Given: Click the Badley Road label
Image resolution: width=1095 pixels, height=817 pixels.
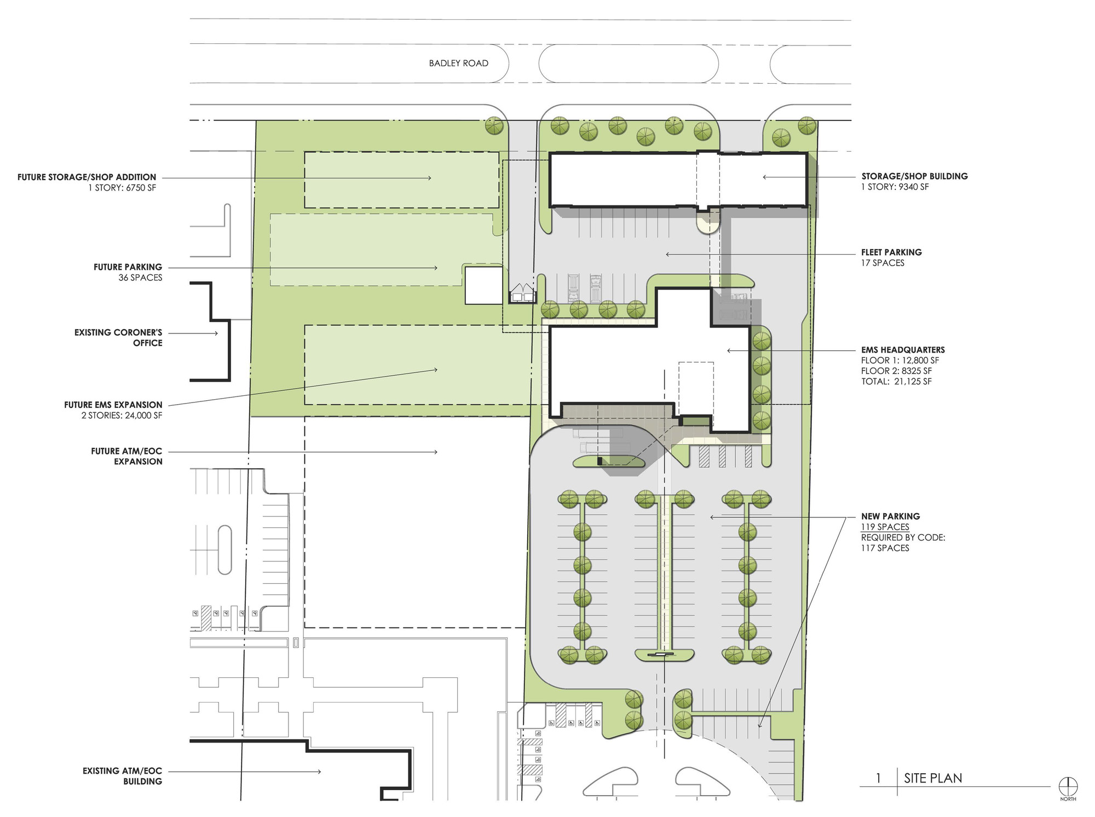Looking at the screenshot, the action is pos(458,64).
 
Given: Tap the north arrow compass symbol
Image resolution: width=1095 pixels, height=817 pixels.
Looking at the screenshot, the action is pos(1068,786).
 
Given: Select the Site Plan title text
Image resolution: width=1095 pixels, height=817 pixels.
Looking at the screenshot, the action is pos(933,778).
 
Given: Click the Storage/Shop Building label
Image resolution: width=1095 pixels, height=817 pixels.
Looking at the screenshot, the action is pos(914,176).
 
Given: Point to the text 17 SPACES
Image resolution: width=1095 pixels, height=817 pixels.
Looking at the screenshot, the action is pos(883,263).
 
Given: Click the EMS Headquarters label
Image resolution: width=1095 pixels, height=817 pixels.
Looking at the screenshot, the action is pos(903,350).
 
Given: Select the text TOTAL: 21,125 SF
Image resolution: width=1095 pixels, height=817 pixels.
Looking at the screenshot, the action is pos(896,382).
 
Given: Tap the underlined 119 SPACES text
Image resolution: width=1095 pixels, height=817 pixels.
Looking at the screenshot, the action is pos(885,527).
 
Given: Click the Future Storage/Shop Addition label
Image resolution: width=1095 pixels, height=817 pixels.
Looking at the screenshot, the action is pos(87,177).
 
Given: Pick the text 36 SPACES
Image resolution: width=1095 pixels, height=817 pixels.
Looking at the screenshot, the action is pos(141,278).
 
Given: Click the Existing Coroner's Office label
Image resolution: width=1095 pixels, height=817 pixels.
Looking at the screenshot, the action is pos(119,338).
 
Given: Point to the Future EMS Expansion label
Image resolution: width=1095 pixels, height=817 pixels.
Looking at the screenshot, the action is pos(113,405).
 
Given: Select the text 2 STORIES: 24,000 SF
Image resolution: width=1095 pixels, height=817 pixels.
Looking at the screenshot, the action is pos(122,416).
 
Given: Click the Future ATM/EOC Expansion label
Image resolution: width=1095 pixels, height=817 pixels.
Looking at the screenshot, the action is pos(127,457).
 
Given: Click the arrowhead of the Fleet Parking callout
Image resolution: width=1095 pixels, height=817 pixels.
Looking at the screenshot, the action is pos(667,254).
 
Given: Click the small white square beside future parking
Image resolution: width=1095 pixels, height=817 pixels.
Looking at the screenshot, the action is pos(484,285).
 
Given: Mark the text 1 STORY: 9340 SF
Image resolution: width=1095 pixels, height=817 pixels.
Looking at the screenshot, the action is pos(895,187).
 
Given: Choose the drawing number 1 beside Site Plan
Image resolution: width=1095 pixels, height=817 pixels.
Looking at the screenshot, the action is pos(879,778).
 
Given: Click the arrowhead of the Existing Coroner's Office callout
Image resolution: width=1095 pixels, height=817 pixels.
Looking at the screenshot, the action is pos(216,333).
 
